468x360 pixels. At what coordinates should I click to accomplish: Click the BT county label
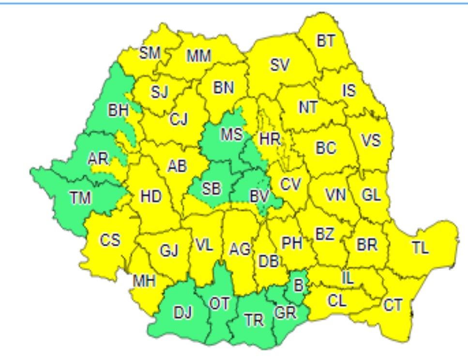(326, 41)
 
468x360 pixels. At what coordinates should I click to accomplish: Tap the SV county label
(280, 65)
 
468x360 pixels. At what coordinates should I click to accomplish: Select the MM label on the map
(199, 57)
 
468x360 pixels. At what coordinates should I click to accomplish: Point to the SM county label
(150, 53)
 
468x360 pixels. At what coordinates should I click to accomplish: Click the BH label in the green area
(118, 111)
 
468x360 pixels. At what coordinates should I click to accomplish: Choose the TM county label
(80, 197)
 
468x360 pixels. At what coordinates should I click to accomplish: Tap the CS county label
(110, 240)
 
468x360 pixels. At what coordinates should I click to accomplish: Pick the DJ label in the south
(182, 313)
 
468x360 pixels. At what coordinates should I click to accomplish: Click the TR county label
(254, 320)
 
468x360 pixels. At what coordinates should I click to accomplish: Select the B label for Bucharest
(299, 286)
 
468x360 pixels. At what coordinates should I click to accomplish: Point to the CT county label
(393, 305)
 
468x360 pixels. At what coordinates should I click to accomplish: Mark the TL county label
(420, 248)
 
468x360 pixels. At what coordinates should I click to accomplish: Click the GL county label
(371, 195)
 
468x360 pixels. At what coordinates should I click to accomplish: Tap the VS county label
(371, 140)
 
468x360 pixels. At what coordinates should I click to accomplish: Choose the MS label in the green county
(231, 134)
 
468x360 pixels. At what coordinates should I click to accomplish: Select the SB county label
(211, 189)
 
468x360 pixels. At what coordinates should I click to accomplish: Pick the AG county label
(240, 250)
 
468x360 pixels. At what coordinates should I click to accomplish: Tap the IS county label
(348, 90)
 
